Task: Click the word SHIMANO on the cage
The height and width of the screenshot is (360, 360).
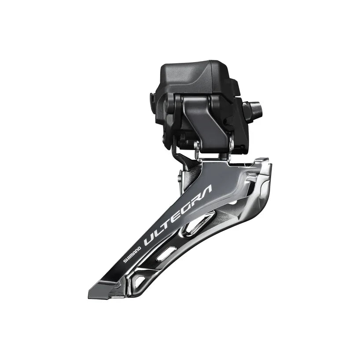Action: tap(131, 254)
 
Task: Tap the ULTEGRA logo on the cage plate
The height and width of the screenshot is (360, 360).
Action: tap(178, 216)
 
